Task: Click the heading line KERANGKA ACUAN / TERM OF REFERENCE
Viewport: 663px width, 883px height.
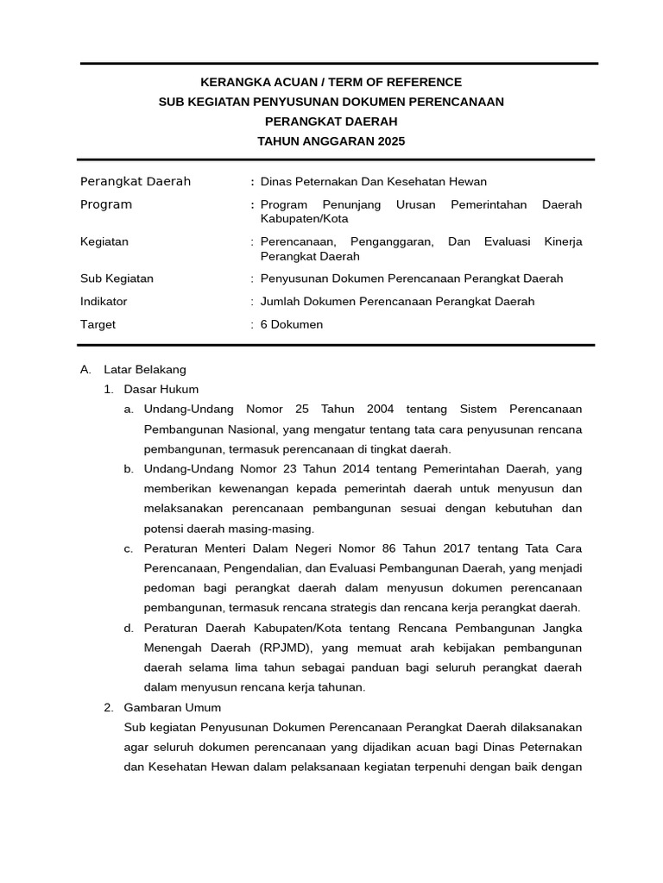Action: point(331,82)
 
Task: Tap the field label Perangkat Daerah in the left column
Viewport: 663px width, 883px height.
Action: point(136,181)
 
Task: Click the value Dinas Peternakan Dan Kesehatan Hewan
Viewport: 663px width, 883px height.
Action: point(374,181)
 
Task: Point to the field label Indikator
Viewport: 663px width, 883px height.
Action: point(104,301)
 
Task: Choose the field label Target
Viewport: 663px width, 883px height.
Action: point(98,324)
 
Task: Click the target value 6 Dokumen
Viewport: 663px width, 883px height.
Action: point(292,324)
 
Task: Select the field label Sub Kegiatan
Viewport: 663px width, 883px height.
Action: point(117,279)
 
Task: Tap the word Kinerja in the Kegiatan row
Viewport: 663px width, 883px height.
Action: point(563,241)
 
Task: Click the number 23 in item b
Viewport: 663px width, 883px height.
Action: point(303,468)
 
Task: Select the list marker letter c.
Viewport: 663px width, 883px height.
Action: point(128,548)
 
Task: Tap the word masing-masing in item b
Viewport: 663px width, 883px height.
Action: point(273,528)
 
